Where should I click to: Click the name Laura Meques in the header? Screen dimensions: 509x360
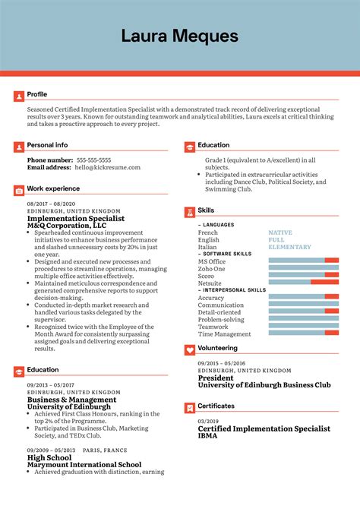(x=179, y=36)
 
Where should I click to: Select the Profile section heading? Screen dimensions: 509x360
(x=37, y=94)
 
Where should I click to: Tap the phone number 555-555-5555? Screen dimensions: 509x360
(x=93, y=160)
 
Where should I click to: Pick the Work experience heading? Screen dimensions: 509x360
(x=53, y=188)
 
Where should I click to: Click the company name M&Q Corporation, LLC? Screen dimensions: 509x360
(x=67, y=226)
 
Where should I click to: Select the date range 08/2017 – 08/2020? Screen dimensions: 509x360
(x=52, y=204)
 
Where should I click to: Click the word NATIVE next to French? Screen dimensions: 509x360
(x=280, y=232)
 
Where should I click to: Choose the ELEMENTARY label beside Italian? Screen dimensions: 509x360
(x=289, y=247)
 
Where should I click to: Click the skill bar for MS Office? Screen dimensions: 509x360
(x=304, y=261)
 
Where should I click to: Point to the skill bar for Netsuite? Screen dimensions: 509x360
(x=304, y=283)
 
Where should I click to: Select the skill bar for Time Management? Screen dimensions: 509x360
(x=304, y=333)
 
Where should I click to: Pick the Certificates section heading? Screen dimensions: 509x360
(x=216, y=406)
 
